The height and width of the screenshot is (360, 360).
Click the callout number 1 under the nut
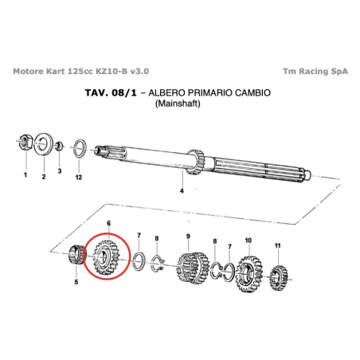pyautogui.click(x=25, y=174)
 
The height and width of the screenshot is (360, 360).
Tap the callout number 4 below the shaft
pyautogui.click(x=182, y=192)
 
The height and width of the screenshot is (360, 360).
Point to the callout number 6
pyautogui.click(x=108, y=225)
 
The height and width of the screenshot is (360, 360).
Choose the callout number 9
pyautogui.click(x=188, y=236)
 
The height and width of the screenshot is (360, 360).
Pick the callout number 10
pyautogui.click(x=248, y=239)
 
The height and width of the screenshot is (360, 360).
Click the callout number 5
pyautogui.click(x=76, y=282)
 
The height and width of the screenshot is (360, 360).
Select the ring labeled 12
pyautogui.click(x=80, y=147)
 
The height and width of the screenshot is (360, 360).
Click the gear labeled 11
pyautogui.click(x=280, y=278)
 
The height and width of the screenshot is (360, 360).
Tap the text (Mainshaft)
pyautogui.click(x=180, y=104)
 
